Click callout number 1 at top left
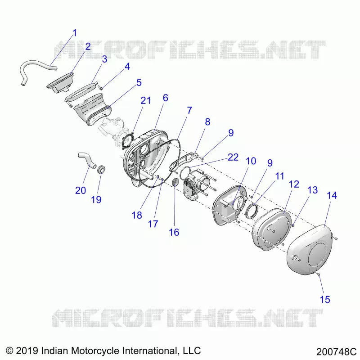[x=75, y=33]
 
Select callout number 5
[x=139, y=82]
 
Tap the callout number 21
[x=145, y=100]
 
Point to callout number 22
[x=233, y=157]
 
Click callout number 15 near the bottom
[x=325, y=299]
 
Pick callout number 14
[x=332, y=195]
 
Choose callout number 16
[x=174, y=232]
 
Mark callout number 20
[x=81, y=190]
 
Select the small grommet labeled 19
[x=101, y=169]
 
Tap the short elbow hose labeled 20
[x=87, y=160]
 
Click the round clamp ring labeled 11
[x=252, y=210]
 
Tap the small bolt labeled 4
[x=100, y=87]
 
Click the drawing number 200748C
[x=336, y=351]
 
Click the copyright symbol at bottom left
[x=9, y=351]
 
